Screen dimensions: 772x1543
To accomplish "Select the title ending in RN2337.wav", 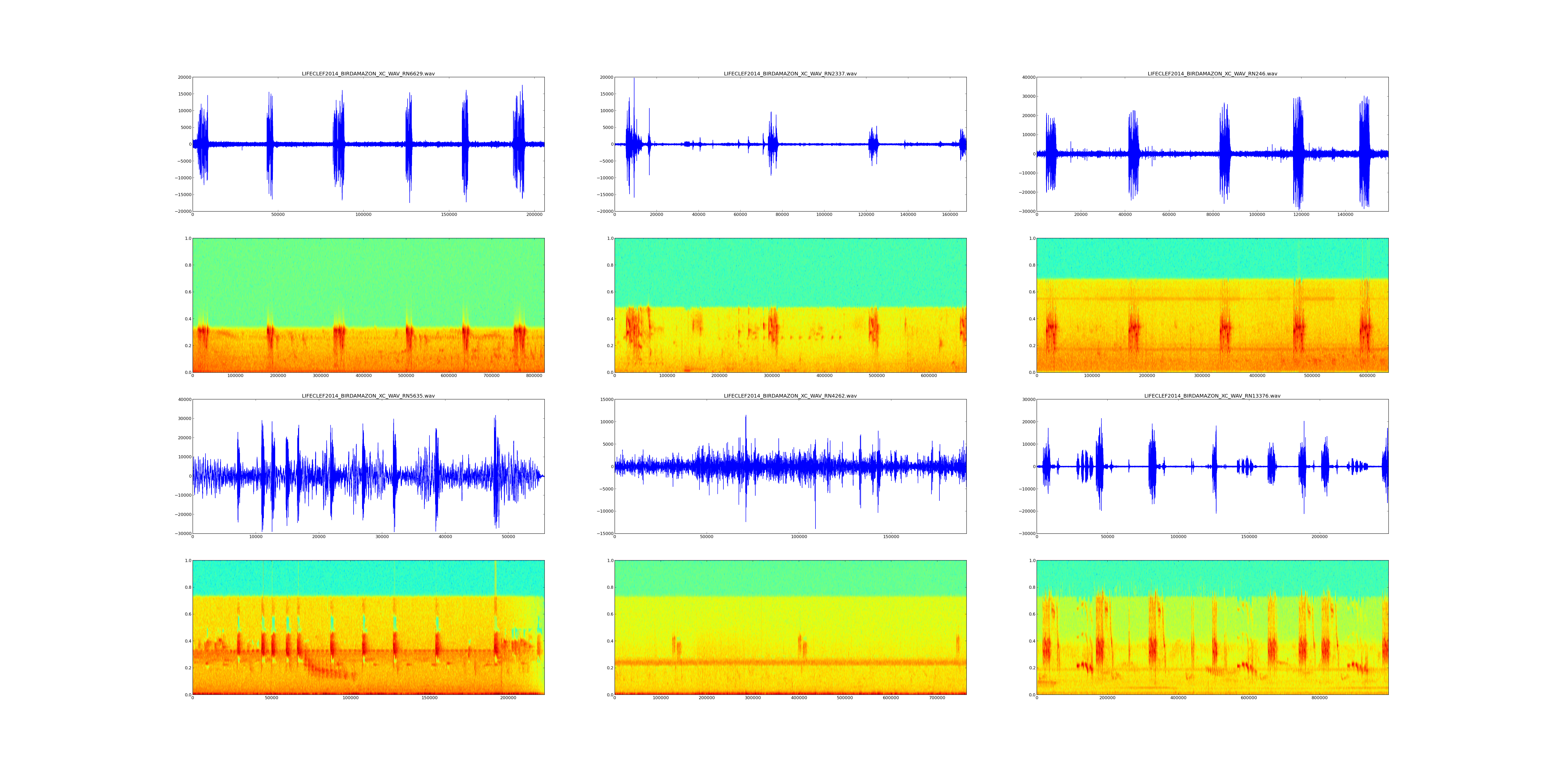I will coord(790,74).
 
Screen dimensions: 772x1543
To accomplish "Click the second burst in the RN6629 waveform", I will coord(270,144).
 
